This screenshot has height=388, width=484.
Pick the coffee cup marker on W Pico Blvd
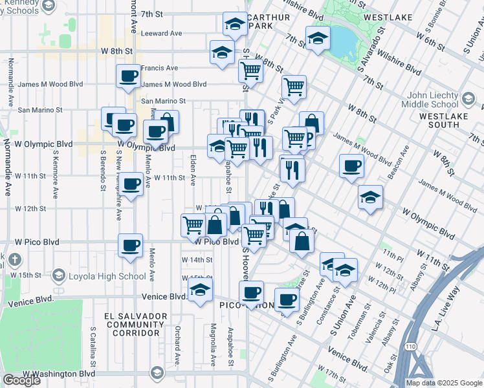pyautogui.click(x=131, y=246)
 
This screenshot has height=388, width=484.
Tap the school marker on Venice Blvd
pyautogui.click(x=201, y=291)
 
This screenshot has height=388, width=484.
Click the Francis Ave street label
pyautogui.click(x=159, y=68)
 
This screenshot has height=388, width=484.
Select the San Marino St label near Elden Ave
pyautogui.click(x=164, y=102)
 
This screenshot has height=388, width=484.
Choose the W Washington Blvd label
pyautogui.click(x=59, y=374)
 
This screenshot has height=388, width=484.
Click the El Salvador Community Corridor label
pyautogui.click(x=136, y=324)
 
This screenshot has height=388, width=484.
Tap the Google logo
pyautogui.click(x=21, y=380)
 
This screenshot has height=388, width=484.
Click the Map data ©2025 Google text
pyautogui.click(x=444, y=383)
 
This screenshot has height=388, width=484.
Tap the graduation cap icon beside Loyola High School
pyautogui.click(x=58, y=276)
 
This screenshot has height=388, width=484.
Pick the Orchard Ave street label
pyautogui.click(x=177, y=347)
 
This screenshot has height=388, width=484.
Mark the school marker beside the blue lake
pyautogui.click(x=318, y=39)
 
